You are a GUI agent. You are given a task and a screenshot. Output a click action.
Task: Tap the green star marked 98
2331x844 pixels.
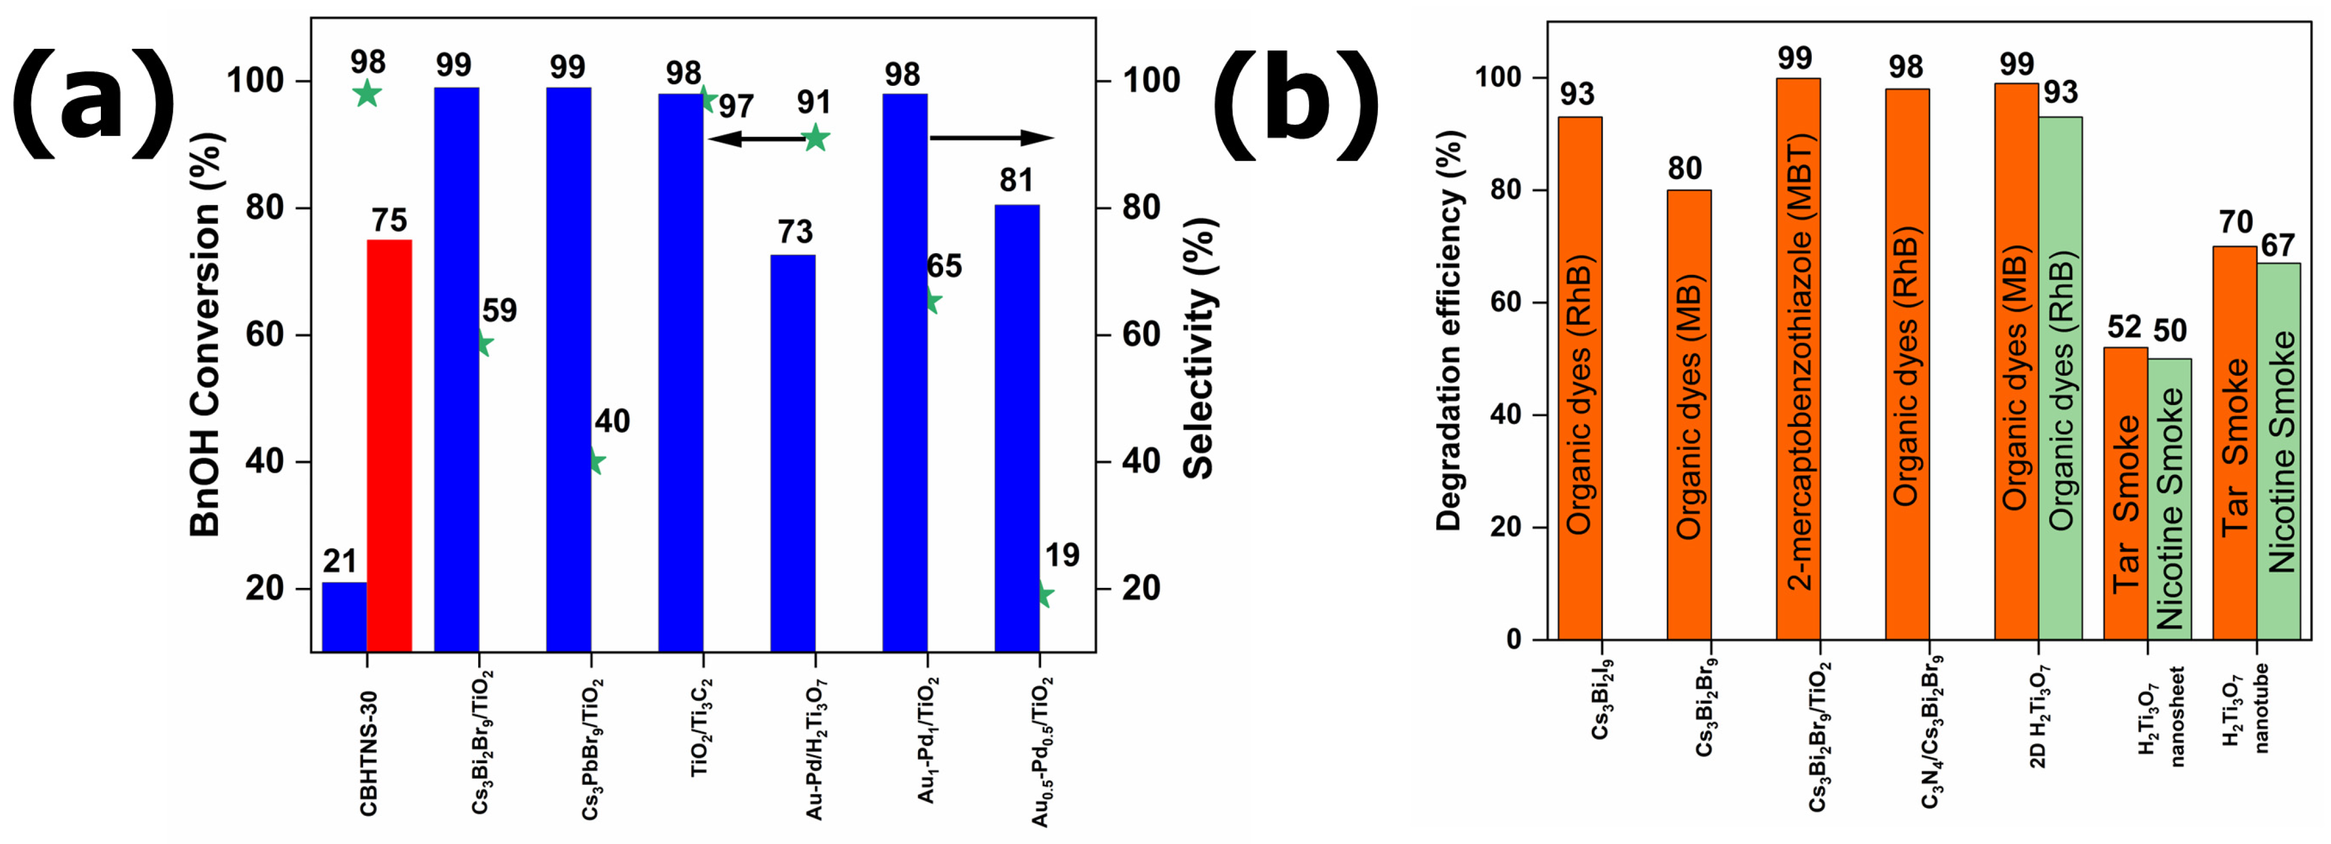point(366,93)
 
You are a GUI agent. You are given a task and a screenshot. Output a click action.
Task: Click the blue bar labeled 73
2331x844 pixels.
point(793,452)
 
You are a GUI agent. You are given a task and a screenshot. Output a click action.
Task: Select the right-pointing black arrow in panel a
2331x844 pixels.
point(991,139)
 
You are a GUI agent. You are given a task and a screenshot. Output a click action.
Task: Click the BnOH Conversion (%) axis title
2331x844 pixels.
point(206,335)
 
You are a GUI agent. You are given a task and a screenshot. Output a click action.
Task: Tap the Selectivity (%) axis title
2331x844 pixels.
point(1199,348)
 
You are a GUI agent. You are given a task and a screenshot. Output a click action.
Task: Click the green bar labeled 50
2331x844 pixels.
point(2169,498)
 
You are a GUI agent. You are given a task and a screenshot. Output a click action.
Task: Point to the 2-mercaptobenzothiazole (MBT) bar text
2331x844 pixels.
point(1799,362)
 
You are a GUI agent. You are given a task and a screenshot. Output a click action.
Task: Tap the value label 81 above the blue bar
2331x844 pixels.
point(1016,181)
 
